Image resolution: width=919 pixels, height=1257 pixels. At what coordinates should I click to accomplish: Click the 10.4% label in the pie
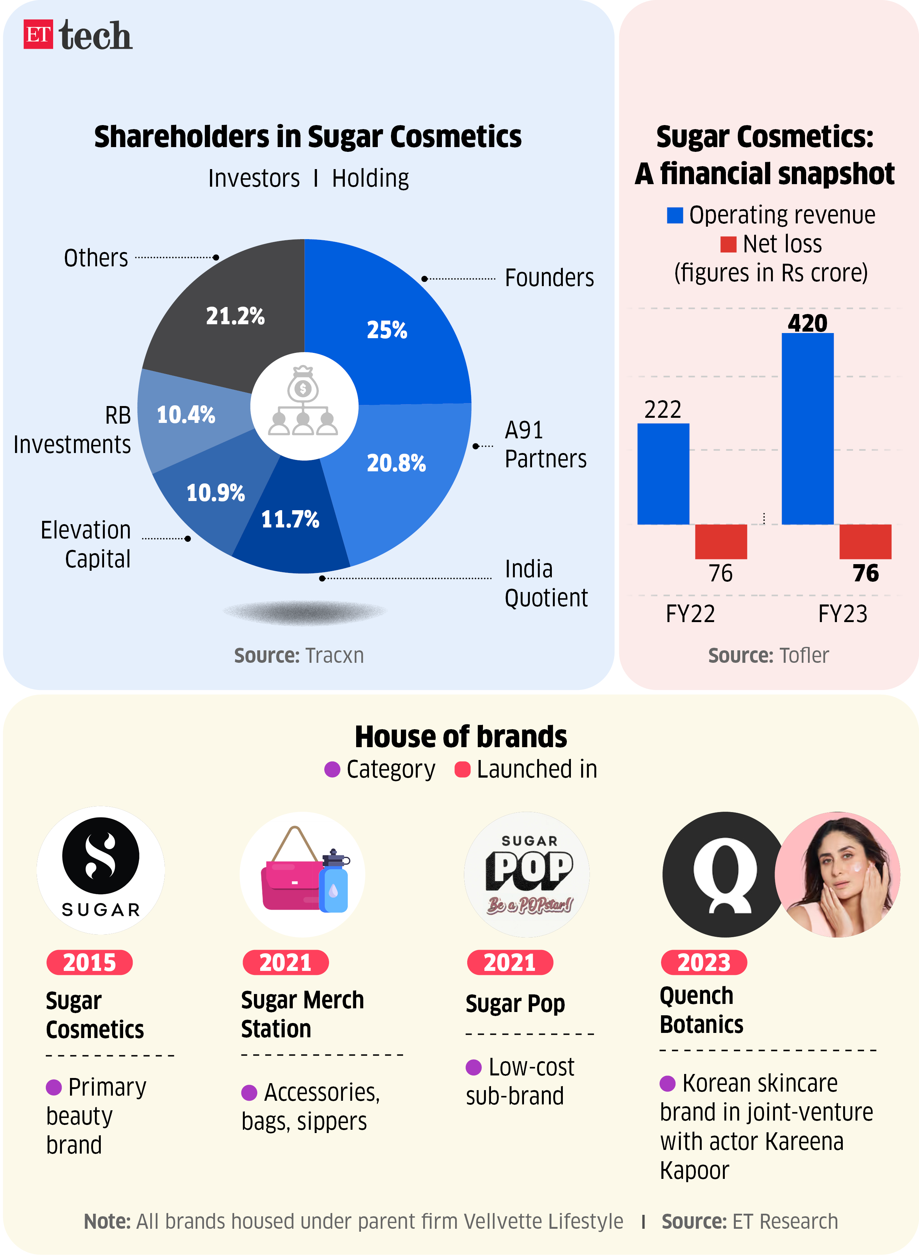186,415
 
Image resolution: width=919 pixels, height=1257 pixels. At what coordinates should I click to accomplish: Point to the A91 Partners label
545,445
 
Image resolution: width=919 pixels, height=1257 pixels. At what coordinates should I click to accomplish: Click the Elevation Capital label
86,544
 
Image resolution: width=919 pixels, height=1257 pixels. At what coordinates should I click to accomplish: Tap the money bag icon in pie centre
303,384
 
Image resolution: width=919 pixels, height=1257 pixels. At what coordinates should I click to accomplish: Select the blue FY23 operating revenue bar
807,429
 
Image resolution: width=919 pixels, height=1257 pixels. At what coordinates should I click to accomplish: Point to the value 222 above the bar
663,410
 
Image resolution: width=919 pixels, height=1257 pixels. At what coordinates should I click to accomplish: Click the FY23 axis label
842,614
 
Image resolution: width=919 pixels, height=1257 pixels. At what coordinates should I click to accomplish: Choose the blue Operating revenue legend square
675,215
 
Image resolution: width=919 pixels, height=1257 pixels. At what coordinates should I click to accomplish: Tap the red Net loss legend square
728,244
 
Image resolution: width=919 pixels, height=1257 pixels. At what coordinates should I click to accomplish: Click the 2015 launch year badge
89,962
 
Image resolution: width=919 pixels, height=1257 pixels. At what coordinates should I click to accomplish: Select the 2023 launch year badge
704,962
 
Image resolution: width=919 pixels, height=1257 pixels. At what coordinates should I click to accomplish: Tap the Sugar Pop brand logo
527,874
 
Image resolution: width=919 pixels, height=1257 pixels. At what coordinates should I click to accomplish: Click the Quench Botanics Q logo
724,874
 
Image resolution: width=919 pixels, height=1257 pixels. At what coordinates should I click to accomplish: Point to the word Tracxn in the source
334,656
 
